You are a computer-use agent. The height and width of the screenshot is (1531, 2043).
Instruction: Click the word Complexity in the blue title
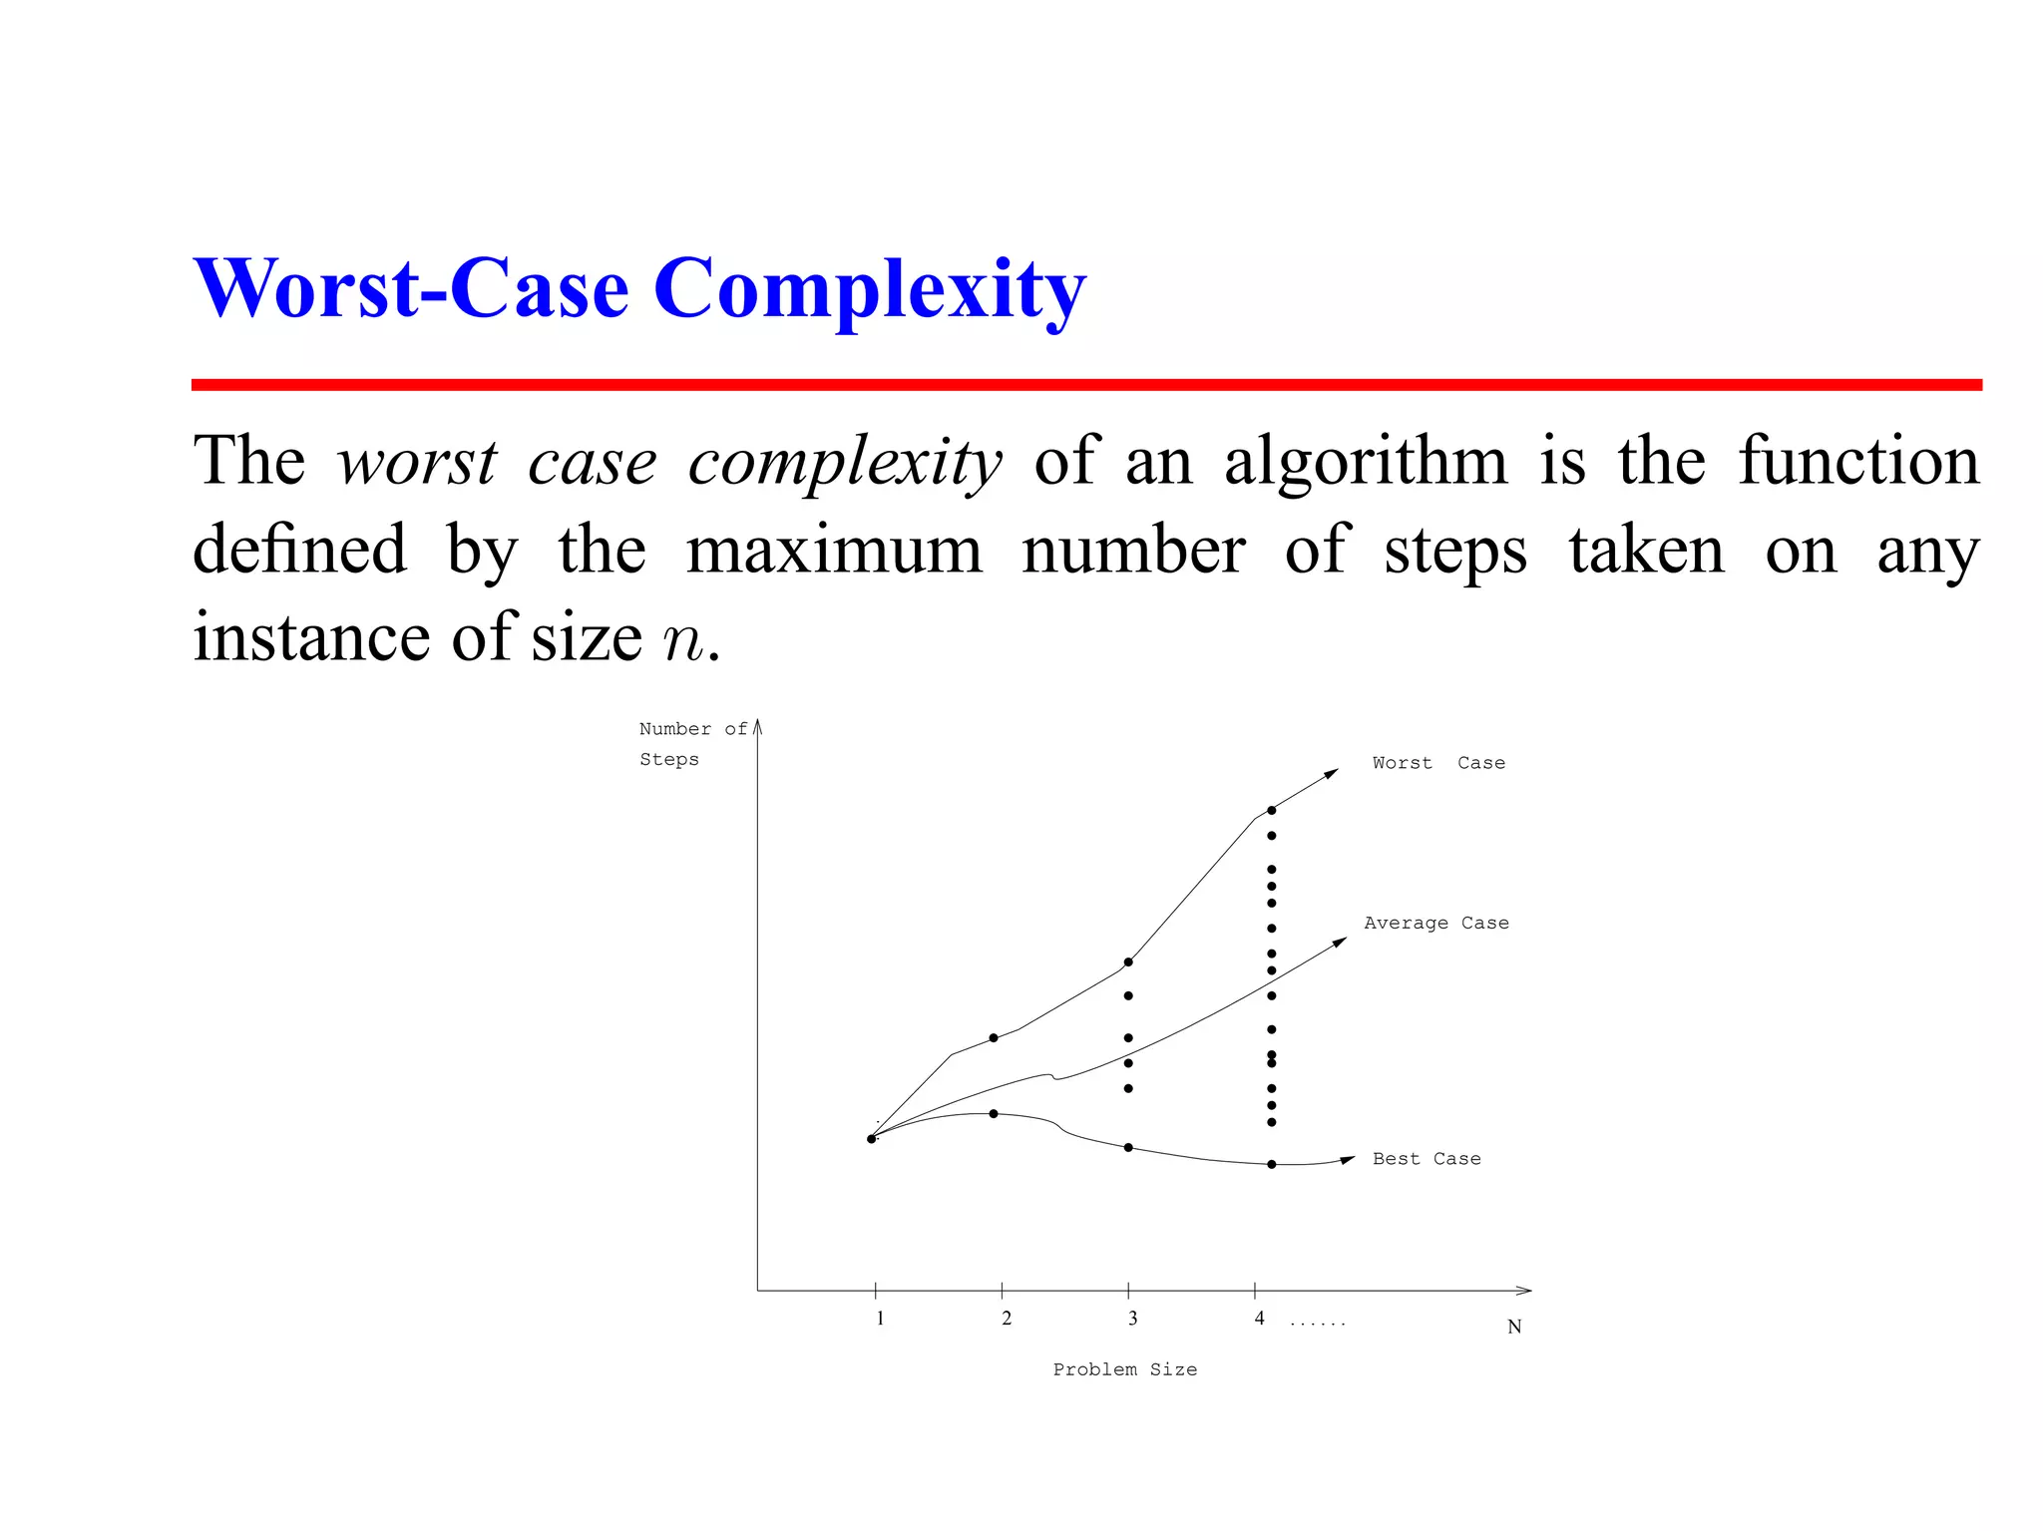tap(869, 289)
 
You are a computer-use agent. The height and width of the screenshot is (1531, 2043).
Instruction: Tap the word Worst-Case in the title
tap(411, 289)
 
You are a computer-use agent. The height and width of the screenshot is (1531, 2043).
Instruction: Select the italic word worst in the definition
tap(416, 463)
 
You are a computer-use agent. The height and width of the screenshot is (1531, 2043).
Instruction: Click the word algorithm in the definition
tap(1366, 463)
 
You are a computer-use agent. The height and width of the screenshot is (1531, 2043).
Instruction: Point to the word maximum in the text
tap(834, 551)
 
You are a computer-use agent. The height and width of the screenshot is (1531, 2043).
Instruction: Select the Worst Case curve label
tap(1437, 763)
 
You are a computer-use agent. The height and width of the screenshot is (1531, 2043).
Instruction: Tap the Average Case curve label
tap(1435, 924)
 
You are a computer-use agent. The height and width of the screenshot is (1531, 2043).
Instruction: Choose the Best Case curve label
tap(1426, 1159)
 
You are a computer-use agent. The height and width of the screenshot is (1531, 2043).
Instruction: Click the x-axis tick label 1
tap(880, 1319)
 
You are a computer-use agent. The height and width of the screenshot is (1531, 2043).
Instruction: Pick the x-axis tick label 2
tap(1007, 1319)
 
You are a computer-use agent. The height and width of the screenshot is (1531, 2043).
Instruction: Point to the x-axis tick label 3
tap(1132, 1319)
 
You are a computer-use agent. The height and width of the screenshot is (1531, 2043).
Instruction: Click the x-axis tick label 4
tap(1259, 1319)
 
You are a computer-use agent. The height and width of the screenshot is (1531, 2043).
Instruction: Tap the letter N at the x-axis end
tap(1513, 1327)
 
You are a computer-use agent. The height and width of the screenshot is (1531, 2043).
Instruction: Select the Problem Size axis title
tap(1124, 1370)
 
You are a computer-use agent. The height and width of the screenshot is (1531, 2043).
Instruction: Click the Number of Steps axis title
tap(691, 744)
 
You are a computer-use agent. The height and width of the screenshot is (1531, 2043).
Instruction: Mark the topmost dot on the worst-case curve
tap(1271, 810)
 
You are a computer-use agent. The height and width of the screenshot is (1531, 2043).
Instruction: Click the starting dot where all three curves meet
tap(871, 1138)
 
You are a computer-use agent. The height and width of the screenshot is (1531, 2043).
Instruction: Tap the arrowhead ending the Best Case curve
tap(1348, 1159)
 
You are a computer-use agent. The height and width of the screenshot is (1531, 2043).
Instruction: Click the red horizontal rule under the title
tap(1085, 385)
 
